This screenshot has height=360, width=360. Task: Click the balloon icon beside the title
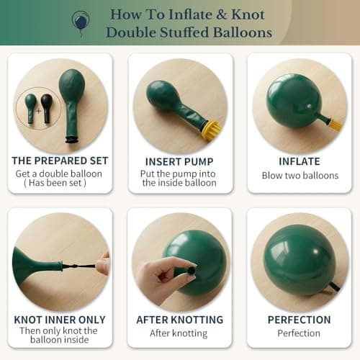point(77,22)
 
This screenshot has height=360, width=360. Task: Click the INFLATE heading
point(299,161)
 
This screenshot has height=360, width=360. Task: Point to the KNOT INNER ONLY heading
point(60,319)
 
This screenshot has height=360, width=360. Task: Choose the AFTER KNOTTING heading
point(180,319)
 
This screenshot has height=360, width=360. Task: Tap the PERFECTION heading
point(299,319)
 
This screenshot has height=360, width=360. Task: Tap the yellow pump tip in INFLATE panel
point(334,124)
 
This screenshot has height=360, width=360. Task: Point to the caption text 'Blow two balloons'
point(299,175)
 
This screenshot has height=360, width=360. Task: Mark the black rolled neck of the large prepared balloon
point(73,137)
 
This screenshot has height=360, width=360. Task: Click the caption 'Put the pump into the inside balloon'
point(179,178)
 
